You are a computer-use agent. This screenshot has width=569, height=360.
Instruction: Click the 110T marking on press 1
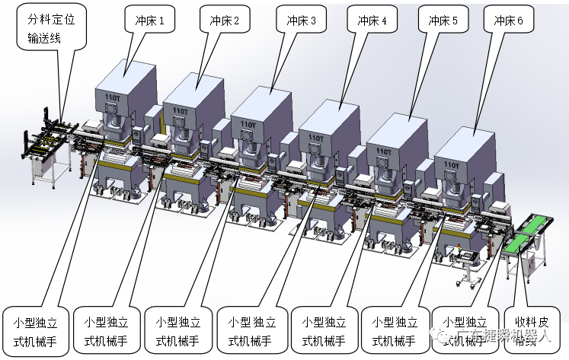pos(111,97)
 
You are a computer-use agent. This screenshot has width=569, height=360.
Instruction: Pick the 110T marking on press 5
pos(382,150)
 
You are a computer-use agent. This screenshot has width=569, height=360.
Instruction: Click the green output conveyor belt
pos(531,233)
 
